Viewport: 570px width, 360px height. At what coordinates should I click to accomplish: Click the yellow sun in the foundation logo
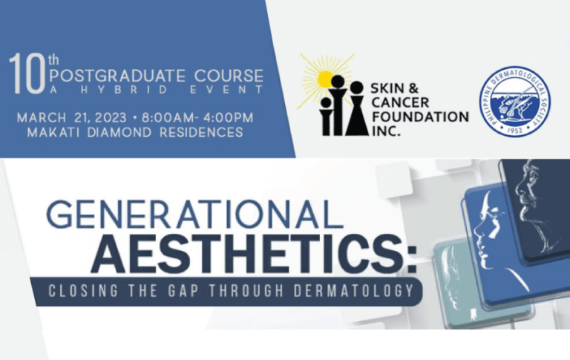324,76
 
